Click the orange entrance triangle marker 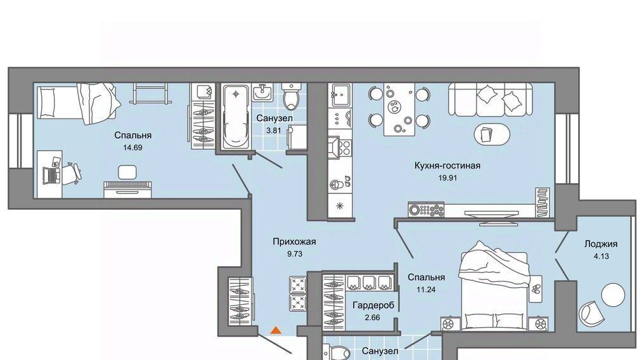(276, 329)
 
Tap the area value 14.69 (132, 148)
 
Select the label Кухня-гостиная (448, 166)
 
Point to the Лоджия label (601, 244)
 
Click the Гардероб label (373, 305)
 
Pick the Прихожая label (295, 241)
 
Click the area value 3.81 (274, 131)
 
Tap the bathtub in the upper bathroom (235, 117)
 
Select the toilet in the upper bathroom (292, 96)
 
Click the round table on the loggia (613, 295)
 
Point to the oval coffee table (492, 134)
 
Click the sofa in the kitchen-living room (491, 99)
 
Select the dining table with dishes (399, 109)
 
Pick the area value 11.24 (426, 290)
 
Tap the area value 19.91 (448, 178)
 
